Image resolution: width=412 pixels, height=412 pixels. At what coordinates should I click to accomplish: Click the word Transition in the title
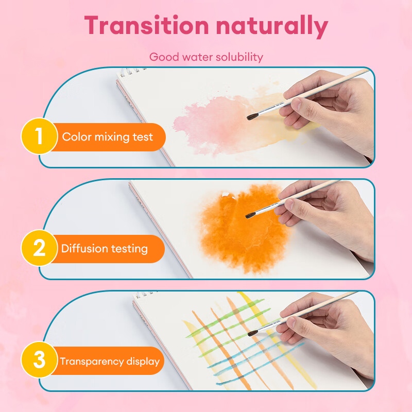[146, 25]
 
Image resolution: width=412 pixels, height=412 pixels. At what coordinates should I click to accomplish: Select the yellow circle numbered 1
[40, 136]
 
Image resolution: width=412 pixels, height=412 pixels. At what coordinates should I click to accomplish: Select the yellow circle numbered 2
[40, 248]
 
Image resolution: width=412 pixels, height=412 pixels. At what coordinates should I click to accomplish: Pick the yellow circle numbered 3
[40, 359]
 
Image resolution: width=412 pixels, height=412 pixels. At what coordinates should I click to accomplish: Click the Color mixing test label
[108, 137]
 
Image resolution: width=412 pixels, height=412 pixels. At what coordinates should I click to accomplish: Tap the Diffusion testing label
[105, 249]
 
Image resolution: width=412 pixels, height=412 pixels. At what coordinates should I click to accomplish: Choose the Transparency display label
[110, 362]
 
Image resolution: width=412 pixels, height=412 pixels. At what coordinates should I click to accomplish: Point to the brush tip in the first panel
[248, 118]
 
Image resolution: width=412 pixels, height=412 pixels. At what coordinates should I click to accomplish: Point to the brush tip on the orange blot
[247, 216]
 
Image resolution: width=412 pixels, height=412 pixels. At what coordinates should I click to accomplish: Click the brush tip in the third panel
[249, 334]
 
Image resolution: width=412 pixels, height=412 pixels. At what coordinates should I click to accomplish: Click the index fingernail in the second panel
[289, 204]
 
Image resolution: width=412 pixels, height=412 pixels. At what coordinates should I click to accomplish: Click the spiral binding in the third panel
[146, 294]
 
